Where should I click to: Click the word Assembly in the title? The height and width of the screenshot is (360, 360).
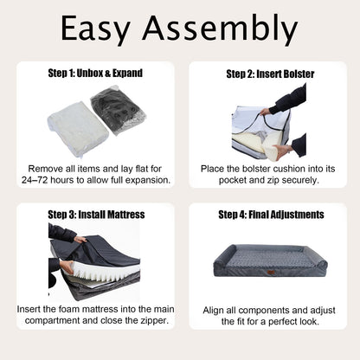click(220, 29)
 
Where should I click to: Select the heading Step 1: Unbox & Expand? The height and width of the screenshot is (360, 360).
click(95, 74)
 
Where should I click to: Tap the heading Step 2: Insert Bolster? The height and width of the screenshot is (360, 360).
click(270, 74)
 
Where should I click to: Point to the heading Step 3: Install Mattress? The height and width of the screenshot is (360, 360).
click(96, 215)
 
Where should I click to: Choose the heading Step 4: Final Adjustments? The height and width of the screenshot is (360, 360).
click(271, 215)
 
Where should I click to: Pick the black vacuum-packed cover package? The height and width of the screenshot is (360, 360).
click(119, 107)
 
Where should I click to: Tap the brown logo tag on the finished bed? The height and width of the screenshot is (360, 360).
click(271, 273)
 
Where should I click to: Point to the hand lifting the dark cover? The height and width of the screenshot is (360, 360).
click(80, 240)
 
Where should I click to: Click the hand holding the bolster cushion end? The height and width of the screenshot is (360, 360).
click(283, 152)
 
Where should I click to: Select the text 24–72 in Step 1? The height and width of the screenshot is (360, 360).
click(32, 180)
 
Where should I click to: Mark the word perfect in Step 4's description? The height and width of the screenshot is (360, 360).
click(284, 321)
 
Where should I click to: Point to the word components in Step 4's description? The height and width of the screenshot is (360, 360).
click(264, 311)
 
